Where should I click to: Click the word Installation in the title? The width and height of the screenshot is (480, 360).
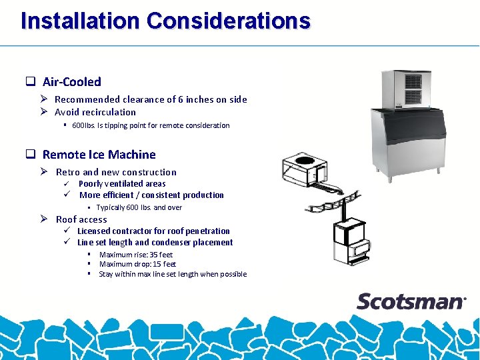[x=81, y=21]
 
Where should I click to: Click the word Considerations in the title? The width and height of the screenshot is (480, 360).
[x=228, y=21]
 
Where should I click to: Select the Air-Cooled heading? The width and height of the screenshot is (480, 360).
[x=71, y=82]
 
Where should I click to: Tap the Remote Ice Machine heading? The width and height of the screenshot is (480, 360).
[x=99, y=155]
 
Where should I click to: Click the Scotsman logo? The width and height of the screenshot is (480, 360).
[x=411, y=301]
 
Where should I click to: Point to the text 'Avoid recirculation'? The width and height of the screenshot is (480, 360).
[x=95, y=112]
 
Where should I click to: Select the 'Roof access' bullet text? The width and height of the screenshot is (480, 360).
[x=81, y=219]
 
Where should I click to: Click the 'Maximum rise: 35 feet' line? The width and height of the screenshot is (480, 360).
[x=136, y=255]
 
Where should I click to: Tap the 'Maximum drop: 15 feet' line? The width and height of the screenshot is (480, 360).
[x=137, y=264]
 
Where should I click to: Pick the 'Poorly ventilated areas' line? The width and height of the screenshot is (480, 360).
[x=122, y=183]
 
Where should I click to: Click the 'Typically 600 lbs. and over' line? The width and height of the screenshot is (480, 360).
[x=139, y=207]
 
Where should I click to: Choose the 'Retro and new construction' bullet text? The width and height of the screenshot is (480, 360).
[x=116, y=172]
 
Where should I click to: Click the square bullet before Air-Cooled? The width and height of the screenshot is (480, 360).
[x=30, y=82]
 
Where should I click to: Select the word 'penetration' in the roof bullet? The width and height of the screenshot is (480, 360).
[x=207, y=231]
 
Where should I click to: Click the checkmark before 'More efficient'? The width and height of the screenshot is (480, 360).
[x=67, y=195]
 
